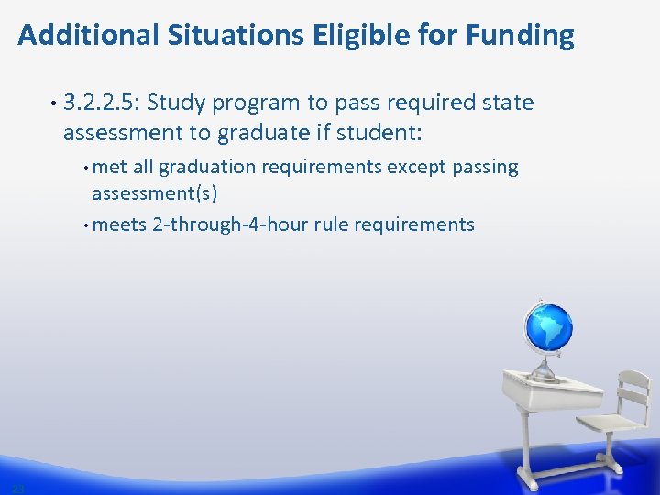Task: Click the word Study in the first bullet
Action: (x=187, y=103)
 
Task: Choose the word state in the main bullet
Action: (x=503, y=103)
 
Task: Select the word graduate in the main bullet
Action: (x=262, y=134)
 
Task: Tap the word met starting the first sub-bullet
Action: (x=110, y=168)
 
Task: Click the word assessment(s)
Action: (x=154, y=193)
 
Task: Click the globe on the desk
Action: (x=547, y=328)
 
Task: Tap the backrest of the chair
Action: (x=633, y=390)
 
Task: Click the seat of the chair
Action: (x=609, y=423)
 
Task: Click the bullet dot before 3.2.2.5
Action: (x=56, y=104)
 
